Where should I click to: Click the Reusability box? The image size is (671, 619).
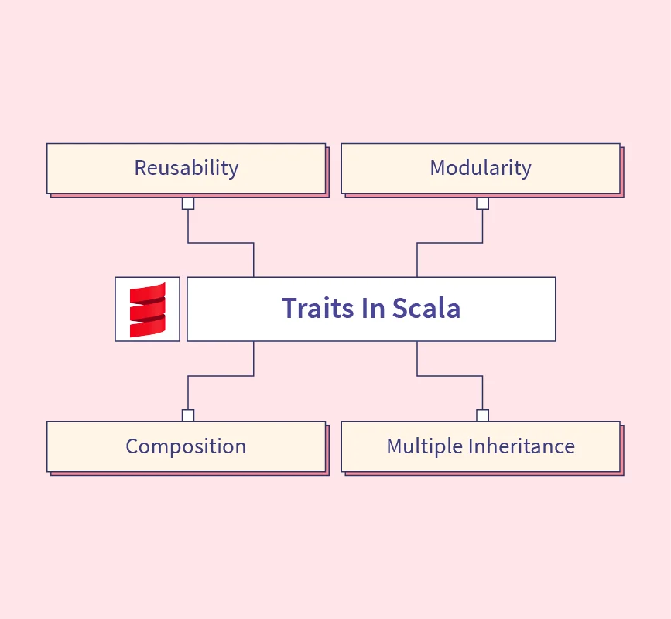[x=187, y=169]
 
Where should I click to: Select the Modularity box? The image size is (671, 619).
[x=481, y=169]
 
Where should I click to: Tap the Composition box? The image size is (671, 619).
[x=187, y=446]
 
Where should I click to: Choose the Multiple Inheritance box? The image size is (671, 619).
[x=481, y=446]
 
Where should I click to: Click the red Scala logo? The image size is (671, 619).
[x=148, y=309]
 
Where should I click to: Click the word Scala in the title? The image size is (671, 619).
[x=426, y=308]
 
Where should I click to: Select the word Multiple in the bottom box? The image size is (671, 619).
[x=425, y=446]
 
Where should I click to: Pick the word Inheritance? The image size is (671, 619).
[x=522, y=446]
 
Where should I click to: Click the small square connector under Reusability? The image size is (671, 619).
[x=188, y=203]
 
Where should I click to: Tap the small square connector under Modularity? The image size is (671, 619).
[x=483, y=203]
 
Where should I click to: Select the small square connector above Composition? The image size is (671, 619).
[x=188, y=416]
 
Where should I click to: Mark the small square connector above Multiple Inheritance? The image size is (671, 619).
[x=483, y=416]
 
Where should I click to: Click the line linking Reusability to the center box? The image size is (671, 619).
[x=221, y=243]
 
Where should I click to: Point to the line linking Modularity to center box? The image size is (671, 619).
[x=450, y=243]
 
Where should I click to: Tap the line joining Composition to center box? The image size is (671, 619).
[x=221, y=376]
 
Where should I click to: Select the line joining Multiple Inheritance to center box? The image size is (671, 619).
[x=450, y=376]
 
